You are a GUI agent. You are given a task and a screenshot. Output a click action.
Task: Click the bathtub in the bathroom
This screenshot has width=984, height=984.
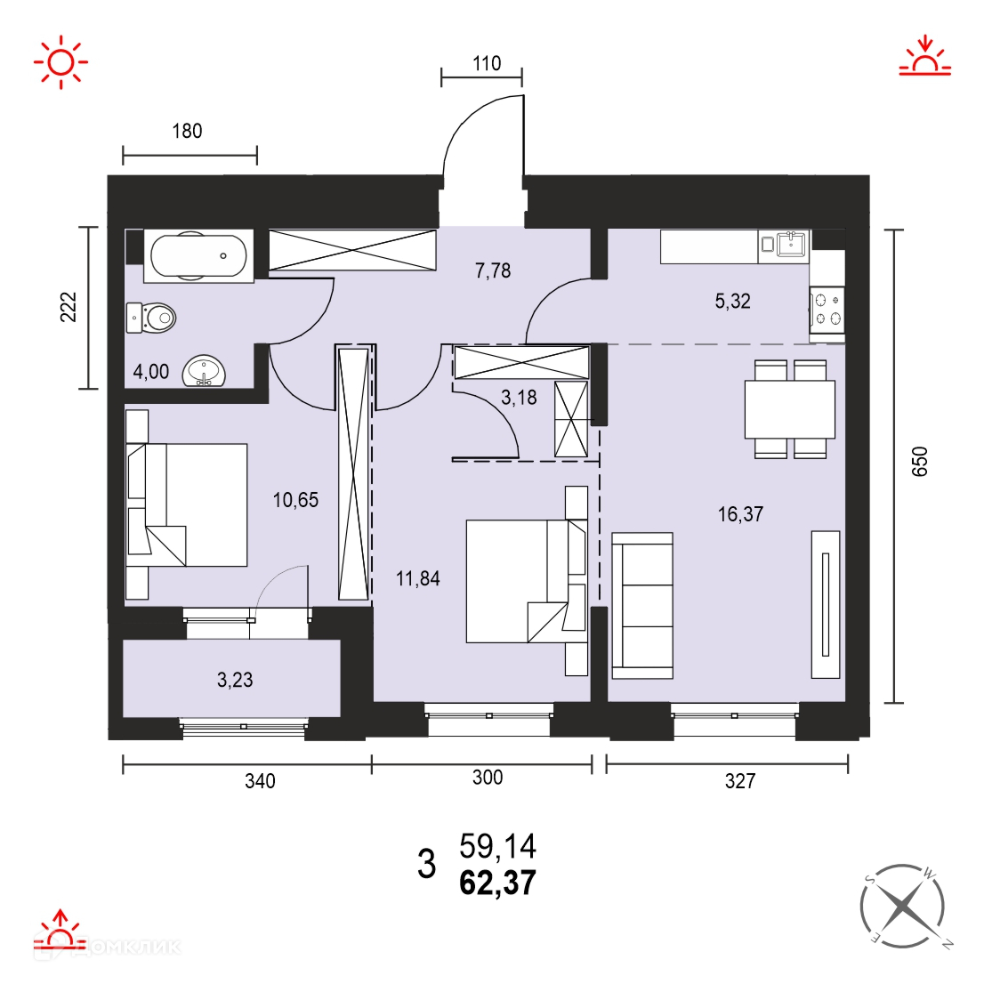point(198,255)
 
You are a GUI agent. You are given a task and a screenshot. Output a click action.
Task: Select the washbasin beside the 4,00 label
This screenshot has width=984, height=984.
point(204,371)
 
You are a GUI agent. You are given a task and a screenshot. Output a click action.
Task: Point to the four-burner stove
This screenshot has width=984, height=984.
point(827,310)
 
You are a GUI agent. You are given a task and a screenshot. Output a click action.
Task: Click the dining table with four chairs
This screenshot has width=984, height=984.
point(789,408)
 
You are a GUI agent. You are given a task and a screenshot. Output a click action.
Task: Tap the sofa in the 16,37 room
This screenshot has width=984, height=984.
point(642,606)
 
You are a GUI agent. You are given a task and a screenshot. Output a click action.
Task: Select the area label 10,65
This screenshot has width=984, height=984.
point(295,500)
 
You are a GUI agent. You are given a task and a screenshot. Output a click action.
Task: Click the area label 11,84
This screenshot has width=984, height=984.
point(418,578)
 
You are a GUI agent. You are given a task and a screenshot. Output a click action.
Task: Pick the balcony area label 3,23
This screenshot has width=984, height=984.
point(235,680)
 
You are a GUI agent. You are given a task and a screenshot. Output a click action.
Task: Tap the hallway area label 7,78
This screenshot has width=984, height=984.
point(493,270)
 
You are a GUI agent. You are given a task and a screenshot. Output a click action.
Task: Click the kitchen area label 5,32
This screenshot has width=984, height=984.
point(732,302)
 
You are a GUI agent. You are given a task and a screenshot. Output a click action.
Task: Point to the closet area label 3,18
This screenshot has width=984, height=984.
point(519,397)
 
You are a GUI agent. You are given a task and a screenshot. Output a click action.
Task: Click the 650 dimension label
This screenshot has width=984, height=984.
point(919,462)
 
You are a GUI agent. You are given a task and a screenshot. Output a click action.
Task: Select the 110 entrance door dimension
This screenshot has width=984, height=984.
point(487,63)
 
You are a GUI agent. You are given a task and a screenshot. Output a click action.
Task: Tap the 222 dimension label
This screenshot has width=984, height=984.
point(69,308)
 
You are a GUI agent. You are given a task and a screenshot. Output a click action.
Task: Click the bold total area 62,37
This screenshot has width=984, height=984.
point(497,883)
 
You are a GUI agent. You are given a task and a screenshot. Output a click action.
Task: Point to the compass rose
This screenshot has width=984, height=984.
point(902,906)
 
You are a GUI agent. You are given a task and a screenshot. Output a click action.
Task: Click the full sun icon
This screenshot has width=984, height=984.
point(60,62)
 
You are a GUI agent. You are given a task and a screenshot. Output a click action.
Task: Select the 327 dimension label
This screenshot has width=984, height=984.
point(740,781)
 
